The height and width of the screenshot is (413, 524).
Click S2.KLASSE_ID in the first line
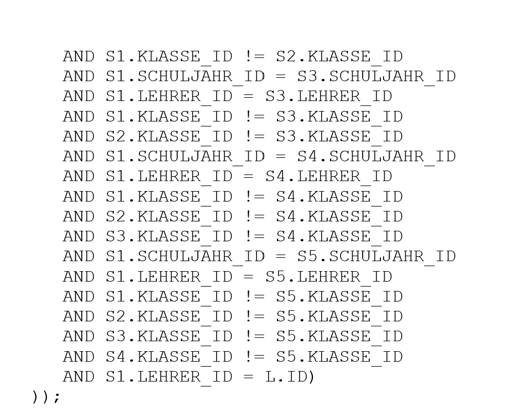click(339, 57)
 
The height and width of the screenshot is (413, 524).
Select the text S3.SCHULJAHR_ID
click(376, 77)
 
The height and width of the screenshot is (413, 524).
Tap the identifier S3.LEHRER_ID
click(329, 97)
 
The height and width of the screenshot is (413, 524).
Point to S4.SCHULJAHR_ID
click(376, 157)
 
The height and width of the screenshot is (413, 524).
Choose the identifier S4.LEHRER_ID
click(329, 177)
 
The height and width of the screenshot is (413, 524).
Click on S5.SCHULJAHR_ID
click(376, 257)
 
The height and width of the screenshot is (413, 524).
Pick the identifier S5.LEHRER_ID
click(329, 277)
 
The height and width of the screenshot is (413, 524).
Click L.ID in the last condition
click(286, 377)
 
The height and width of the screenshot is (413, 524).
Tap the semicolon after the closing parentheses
click(57, 398)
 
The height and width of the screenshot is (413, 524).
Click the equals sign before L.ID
click(249, 377)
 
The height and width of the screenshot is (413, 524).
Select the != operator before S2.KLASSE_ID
click(254, 57)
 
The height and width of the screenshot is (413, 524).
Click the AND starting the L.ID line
click(79, 377)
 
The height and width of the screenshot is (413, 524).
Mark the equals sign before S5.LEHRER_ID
click(249, 277)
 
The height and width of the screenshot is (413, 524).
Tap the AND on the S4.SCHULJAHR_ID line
click(79, 157)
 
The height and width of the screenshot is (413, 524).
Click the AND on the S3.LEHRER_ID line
click(79, 97)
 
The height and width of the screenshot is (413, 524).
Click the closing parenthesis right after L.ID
click(311, 377)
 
